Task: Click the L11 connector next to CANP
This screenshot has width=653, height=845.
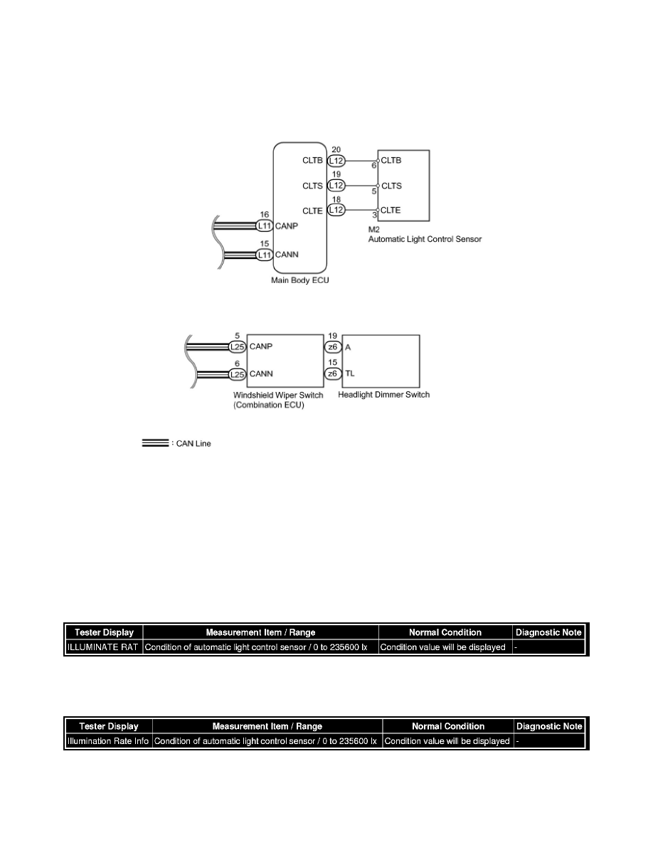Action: pyautogui.click(x=265, y=226)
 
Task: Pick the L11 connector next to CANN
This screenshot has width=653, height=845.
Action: pyautogui.click(x=265, y=253)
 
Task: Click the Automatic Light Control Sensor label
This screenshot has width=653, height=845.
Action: pyautogui.click(x=425, y=240)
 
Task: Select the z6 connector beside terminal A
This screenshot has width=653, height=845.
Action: pyautogui.click(x=332, y=347)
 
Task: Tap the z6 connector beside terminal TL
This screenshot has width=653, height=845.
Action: pyautogui.click(x=332, y=373)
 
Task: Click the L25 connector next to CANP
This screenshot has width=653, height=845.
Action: pyautogui.click(x=238, y=347)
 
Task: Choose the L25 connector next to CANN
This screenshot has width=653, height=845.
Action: pyautogui.click(x=238, y=373)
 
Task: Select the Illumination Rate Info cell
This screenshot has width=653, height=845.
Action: pyautogui.click(x=108, y=741)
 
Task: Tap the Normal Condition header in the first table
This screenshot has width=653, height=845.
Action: pyautogui.click(x=445, y=632)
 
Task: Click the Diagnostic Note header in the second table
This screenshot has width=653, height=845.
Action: pyautogui.click(x=549, y=726)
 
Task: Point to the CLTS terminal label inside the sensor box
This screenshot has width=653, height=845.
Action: pyautogui.click(x=391, y=186)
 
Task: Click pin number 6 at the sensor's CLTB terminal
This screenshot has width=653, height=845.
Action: pyautogui.click(x=375, y=166)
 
